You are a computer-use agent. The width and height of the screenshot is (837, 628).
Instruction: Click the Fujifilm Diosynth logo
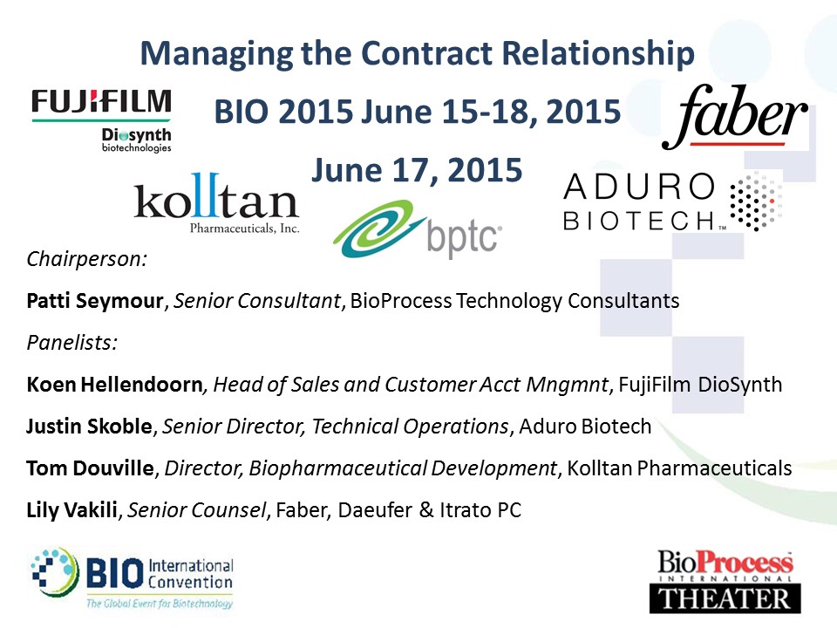101,121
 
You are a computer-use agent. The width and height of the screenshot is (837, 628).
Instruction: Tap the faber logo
735,117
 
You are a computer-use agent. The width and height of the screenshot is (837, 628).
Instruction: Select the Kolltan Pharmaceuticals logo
216,203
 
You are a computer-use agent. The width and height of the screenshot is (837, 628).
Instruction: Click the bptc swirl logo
418,229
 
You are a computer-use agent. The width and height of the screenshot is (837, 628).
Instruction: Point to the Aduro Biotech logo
672,201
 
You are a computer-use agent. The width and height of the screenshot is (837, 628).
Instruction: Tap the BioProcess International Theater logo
725,581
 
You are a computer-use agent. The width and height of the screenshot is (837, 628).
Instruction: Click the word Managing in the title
217,54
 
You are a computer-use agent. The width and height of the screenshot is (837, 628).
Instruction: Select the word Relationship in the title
598,54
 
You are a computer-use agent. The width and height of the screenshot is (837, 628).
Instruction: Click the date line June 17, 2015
417,170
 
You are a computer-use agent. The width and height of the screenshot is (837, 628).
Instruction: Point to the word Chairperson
86,259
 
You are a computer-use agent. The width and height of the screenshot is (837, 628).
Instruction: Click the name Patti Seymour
94,301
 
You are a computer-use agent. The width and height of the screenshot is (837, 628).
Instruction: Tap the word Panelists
71,342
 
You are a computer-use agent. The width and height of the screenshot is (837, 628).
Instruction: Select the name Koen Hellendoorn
115,384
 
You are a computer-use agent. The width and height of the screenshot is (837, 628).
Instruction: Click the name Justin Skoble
90,427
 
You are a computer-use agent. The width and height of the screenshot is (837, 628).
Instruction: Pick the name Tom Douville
90,468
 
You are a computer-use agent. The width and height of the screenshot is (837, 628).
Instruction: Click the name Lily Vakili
72,510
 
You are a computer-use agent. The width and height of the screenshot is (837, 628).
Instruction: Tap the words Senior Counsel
196,510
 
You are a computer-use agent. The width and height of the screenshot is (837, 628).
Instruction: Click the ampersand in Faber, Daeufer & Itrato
426,510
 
